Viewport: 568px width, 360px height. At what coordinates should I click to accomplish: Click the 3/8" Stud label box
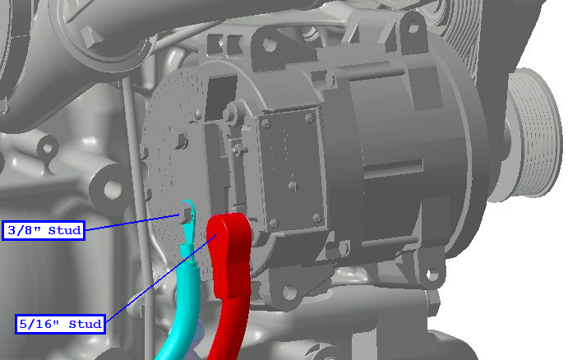(x=44, y=230)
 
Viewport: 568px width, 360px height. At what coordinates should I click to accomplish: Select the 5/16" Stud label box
(x=61, y=324)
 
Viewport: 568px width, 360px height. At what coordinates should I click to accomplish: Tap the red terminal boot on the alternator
(x=229, y=253)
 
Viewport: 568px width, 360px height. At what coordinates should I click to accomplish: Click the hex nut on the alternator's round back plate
(x=179, y=140)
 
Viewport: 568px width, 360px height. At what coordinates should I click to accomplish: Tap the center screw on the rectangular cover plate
(x=293, y=186)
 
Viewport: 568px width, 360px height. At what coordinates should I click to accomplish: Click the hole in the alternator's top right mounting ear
(x=413, y=28)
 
